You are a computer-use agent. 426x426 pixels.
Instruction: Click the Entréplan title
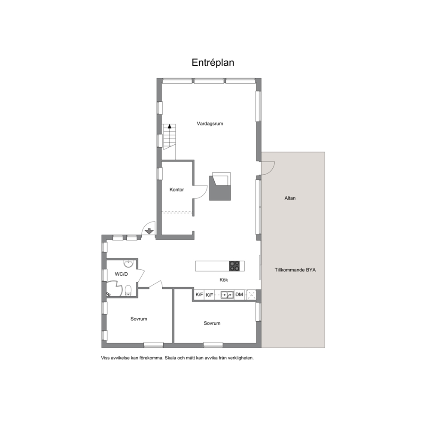tap(213, 63)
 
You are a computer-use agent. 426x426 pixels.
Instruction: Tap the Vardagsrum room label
tap(210, 124)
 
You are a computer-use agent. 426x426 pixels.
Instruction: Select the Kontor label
tap(176, 190)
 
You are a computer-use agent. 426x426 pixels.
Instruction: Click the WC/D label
tap(121, 274)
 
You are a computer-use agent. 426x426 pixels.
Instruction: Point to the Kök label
tap(224, 280)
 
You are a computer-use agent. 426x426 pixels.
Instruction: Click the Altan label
tap(290, 198)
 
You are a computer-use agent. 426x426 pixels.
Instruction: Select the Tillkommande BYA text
tap(295, 270)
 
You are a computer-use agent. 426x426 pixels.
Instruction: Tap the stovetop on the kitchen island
tap(234, 266)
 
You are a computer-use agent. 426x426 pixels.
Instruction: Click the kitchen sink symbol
tap(227, 295)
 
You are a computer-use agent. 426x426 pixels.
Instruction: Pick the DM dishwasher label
tap(239, 295)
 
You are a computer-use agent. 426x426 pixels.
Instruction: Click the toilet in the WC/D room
tap(128, 291)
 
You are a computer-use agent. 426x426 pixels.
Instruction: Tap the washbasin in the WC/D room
tap(128, 263)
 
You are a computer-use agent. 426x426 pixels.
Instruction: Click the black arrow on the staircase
tap(170, 126)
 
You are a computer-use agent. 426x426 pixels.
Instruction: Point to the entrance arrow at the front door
tap(149, 231)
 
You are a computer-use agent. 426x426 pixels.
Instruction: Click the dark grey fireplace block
tap(220, 188)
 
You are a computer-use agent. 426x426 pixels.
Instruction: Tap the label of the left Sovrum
tap(139, 319)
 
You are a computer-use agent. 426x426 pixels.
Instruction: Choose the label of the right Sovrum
tap(212, 323)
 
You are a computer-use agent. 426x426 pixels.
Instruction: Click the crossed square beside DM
tap(251, 295)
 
